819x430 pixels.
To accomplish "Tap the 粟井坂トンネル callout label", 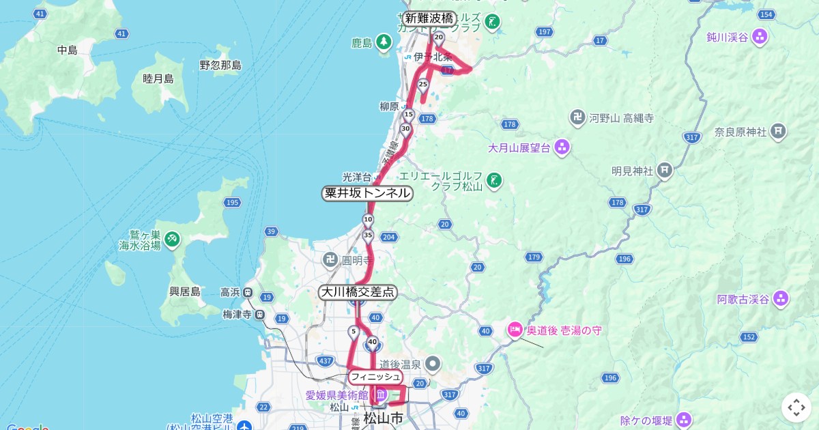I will coord(367,193).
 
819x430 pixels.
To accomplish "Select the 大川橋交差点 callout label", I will coord(358,292).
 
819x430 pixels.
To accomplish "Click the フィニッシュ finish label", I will coord(375,377).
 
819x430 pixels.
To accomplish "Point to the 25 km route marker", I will coord(422,85).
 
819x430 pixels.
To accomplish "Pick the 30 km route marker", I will coord(405,129).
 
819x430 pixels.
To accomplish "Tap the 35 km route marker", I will coord(368,236).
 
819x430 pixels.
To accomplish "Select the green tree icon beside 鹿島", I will coord(384,44).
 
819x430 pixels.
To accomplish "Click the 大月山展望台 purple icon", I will coord(562,147).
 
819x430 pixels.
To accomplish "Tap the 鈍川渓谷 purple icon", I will coord(760,37).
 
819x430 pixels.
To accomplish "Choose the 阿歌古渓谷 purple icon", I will coord(781,298).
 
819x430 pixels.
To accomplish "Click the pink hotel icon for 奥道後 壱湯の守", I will coord(515,330).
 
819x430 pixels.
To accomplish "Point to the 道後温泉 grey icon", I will coord(433,364).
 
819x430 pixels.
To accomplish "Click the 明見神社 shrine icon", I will coord(665,170).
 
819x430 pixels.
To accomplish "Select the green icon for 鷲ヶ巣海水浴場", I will coord(173,238).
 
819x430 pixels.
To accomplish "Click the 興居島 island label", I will coord(185,291).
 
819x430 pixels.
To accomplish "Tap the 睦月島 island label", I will coord(158,78).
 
